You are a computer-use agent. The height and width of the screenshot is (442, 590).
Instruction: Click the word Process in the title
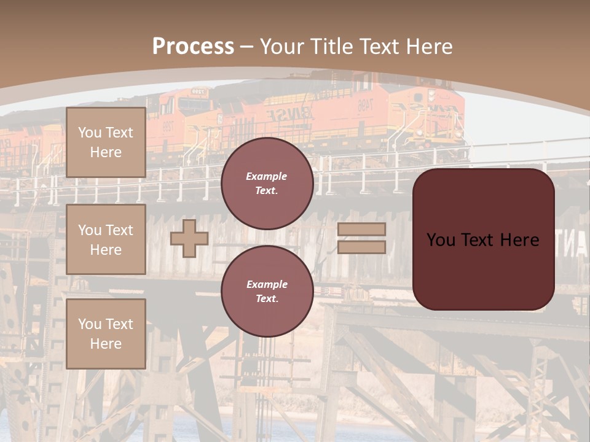point(193,47)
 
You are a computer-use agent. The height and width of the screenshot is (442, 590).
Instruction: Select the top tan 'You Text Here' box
point(106,142)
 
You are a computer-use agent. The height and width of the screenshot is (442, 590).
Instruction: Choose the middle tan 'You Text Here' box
point(106,239)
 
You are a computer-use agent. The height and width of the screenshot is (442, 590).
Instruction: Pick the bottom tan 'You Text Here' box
point(106,334)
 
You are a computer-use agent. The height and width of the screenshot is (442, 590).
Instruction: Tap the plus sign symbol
point(189,238)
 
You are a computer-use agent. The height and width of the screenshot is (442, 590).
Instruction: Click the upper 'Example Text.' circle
point(267,184)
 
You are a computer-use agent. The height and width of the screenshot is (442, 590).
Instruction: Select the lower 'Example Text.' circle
point(267,292)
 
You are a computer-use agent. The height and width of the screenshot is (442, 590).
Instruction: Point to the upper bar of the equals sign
point(362,230)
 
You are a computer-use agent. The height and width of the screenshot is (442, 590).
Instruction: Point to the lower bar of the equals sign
point(362,247)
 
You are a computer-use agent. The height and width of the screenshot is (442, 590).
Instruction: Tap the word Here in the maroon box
point(519,240)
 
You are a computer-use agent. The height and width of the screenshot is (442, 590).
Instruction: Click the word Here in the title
point(428,47)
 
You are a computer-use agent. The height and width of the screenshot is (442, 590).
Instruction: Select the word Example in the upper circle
point(267,176)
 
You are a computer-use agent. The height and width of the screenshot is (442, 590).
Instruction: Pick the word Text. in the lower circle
point(267,299)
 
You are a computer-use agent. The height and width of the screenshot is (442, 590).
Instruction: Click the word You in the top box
point(90,133)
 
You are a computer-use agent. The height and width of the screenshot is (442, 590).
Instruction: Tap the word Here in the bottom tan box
point(106,344)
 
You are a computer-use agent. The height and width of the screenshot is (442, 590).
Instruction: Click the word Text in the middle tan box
point(120,230)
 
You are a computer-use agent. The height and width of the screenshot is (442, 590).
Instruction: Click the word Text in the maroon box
point(477,240)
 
